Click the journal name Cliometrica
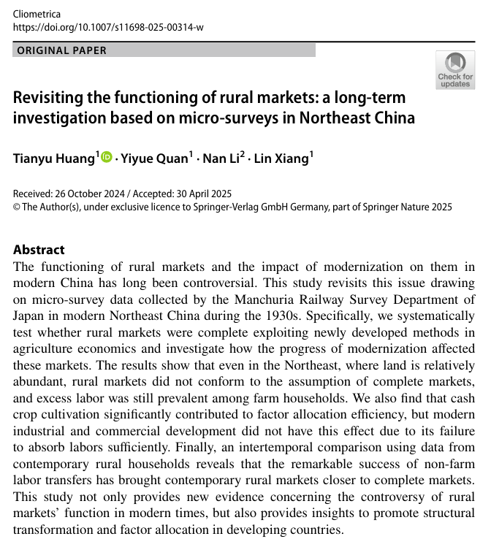point(37,14)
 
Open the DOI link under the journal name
point(108,27)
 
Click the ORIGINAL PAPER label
point(61,50)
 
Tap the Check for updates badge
point(454,70)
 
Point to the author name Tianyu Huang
point(54,159)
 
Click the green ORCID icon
point(107,157)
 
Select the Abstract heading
point(39,250)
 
